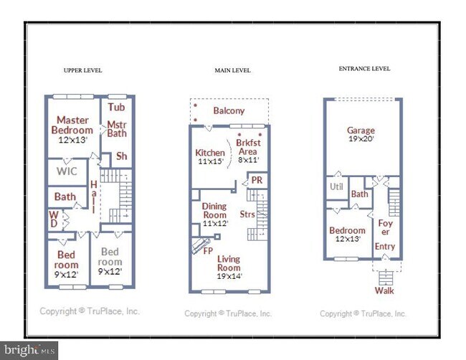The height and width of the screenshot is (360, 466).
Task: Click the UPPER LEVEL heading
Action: point(83,70)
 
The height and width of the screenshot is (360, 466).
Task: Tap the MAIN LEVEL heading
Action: point(232,70)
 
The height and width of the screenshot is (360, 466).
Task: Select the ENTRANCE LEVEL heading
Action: point(364,69)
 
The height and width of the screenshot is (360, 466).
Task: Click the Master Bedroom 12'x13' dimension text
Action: point(72,140)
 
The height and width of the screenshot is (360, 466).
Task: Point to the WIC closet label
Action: point(67,171)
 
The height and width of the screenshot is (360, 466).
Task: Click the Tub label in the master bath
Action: point(116,107)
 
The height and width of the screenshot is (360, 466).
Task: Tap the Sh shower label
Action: point(122,156)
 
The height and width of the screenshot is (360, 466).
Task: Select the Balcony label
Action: point(229,111)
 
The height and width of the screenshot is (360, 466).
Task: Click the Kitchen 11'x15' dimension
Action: point(211,161)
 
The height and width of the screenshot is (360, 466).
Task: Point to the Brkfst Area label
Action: point(248,147)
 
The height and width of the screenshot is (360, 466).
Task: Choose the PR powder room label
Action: point(257,180)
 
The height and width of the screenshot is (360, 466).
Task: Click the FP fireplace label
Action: point(208,251)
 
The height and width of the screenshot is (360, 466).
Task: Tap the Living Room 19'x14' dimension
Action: point(229,276)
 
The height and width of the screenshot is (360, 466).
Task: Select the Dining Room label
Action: point(214,210)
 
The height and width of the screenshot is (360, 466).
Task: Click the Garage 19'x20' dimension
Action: point(361,139)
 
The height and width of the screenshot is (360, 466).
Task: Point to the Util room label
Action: point(336,186)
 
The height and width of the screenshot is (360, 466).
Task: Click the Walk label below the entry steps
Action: point(384,290)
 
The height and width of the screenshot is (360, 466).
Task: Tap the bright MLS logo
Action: point(29,350)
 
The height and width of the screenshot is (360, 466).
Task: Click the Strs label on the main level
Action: point(247,214)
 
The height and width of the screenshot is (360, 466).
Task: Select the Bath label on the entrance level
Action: point(360,194)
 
